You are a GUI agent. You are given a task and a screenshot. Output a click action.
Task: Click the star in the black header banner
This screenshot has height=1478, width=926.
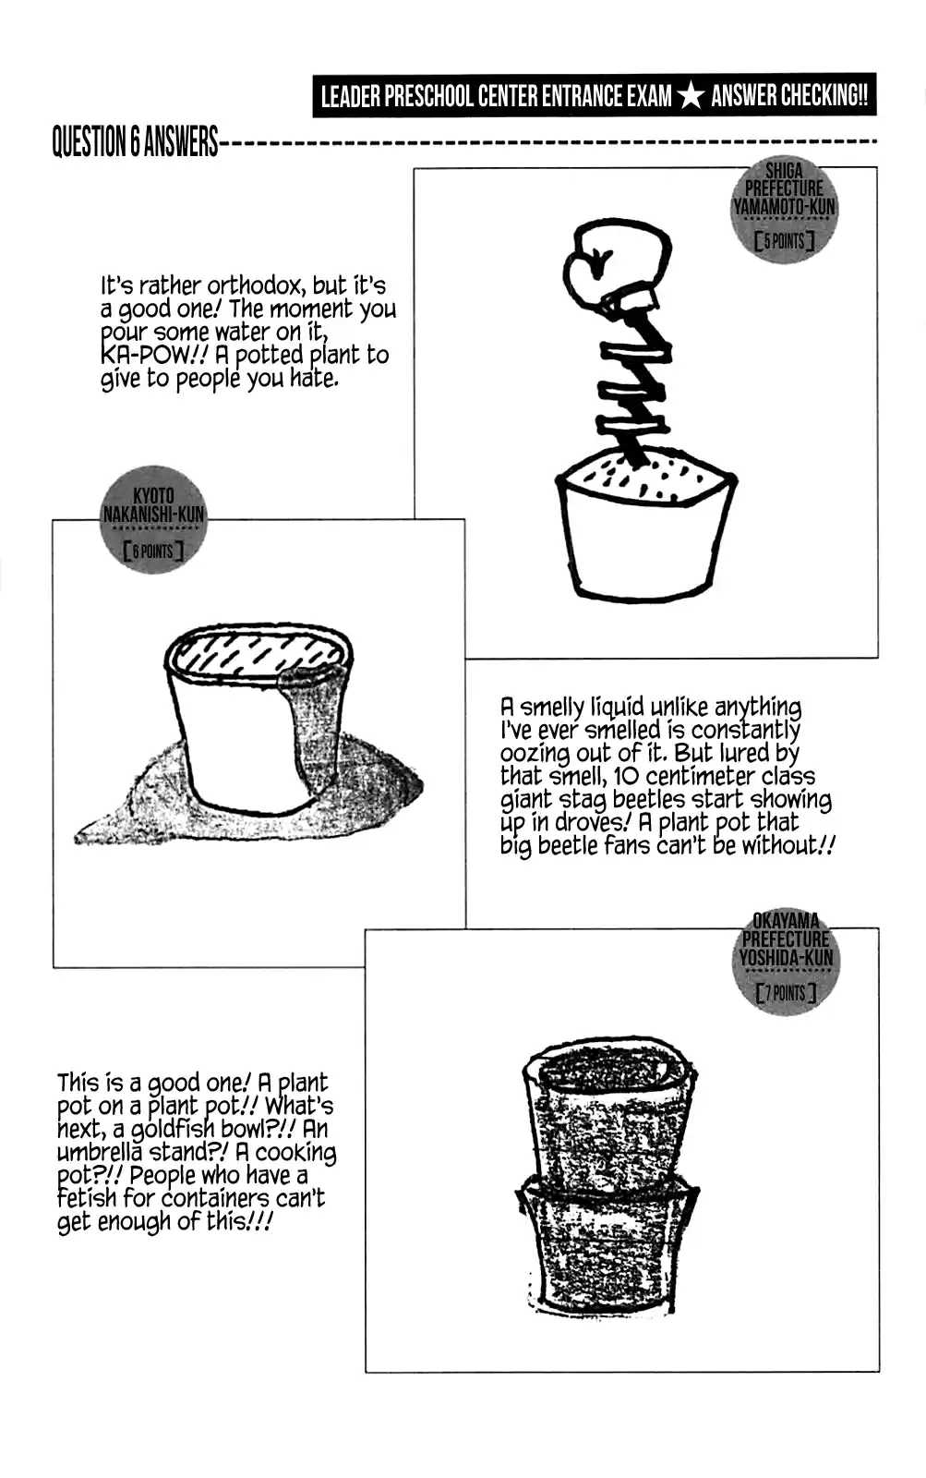[690, 96]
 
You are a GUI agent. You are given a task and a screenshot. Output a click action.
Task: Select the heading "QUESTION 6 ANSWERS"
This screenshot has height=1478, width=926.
[135, 142]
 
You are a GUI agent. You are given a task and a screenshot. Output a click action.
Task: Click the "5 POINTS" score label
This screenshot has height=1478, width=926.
[784, 241]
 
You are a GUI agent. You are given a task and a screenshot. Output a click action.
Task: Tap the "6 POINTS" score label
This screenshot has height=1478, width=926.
[153, 551]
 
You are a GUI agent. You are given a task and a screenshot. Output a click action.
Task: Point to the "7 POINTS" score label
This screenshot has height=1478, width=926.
[786, 992]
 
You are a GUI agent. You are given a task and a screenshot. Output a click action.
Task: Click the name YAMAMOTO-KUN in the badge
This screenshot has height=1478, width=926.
[784, 207]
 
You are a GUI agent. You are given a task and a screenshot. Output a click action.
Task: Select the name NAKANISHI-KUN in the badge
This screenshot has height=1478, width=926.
[153, 515]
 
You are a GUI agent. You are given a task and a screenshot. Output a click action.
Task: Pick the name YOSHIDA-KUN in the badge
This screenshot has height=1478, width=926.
[786, 957]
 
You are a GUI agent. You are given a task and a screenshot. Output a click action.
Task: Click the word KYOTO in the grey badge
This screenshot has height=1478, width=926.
[153, 495]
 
